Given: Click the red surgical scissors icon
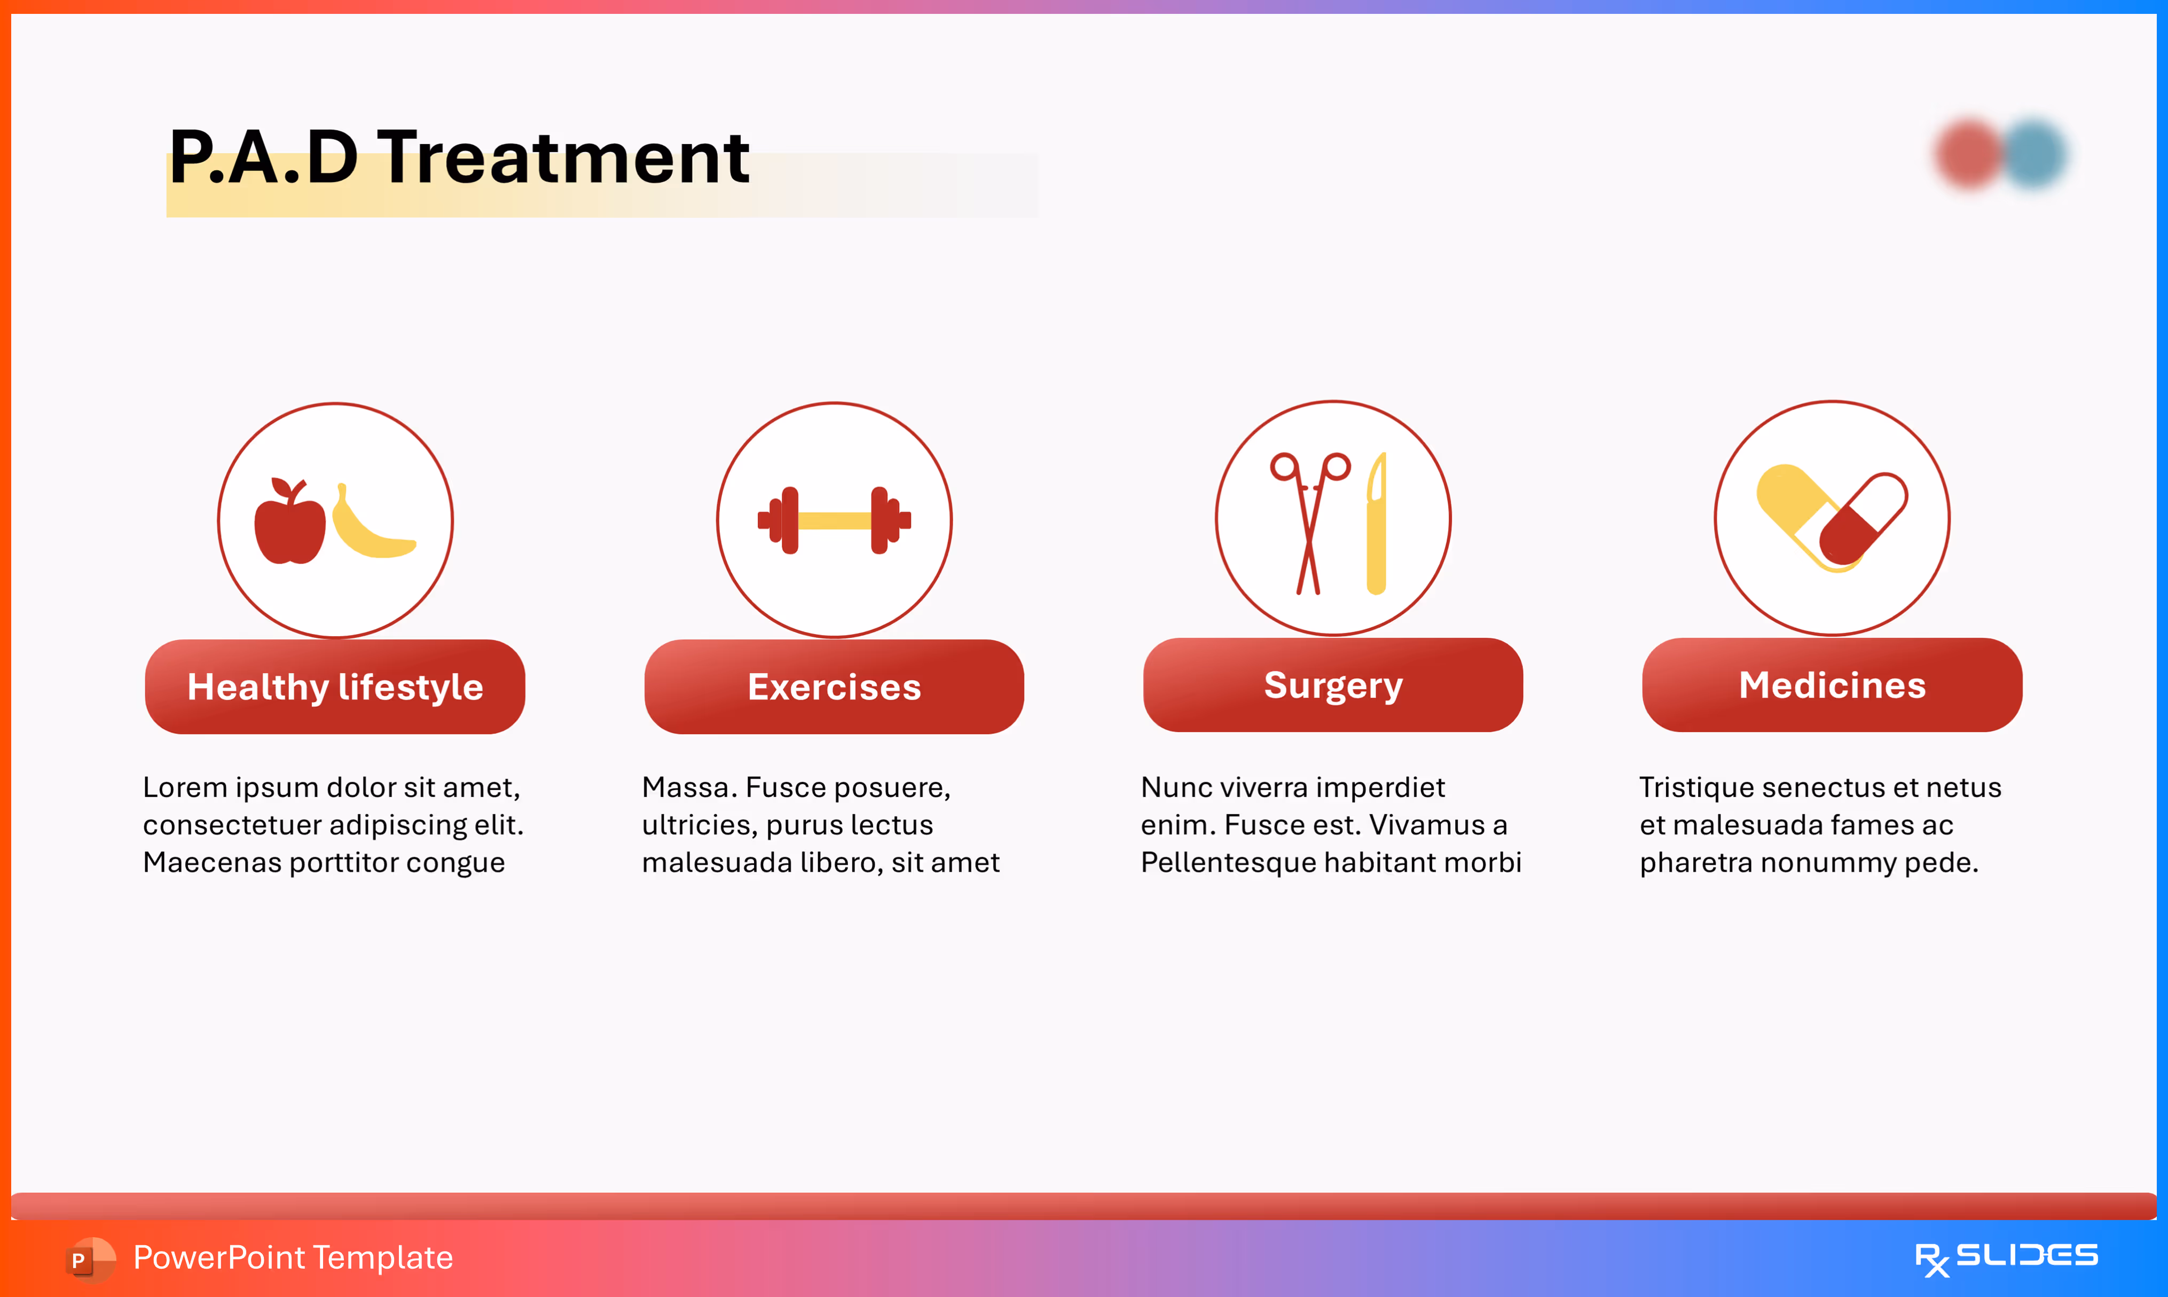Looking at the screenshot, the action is click(x=1309, y=523).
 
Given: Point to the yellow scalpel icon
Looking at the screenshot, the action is click(x=1377, y=523).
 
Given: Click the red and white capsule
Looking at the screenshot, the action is click(x=1863, y=519).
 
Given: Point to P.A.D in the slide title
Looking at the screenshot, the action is click(x=264, y=157).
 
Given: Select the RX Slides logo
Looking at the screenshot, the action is click(x=2006, y=1259).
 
